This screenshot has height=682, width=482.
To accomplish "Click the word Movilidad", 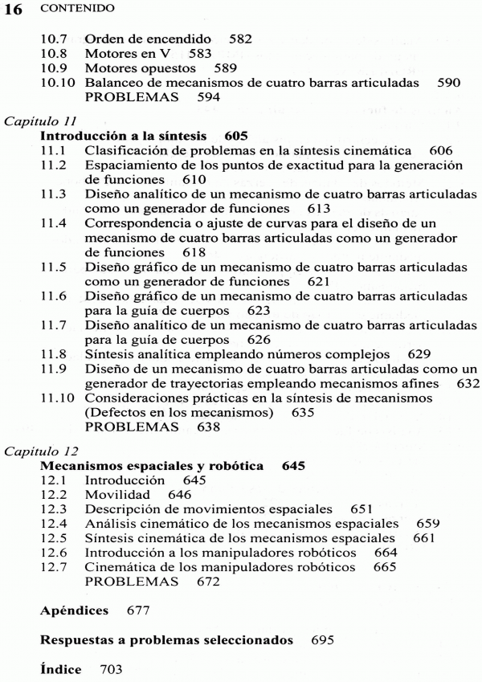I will [x=118, y=494].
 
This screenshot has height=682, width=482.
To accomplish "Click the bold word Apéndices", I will [x=74, y=611].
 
